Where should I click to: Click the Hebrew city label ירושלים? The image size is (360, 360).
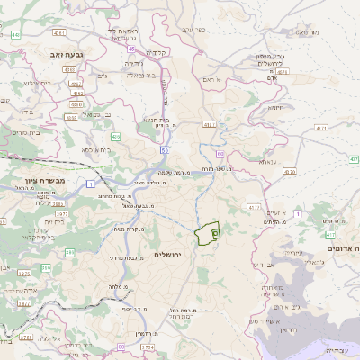coord(168,256)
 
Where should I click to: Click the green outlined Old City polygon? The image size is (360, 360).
coord(208,233)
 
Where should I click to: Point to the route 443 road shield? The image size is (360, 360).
coord(17,34)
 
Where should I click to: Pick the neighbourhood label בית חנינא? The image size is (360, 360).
coord(156,120)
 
